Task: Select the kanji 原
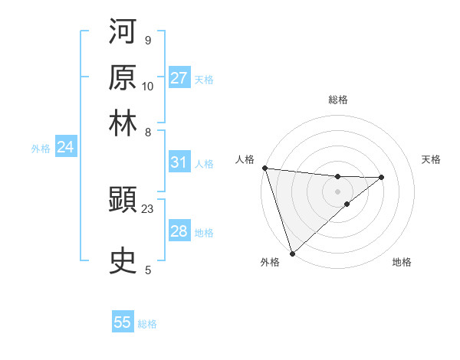tap(123, 77)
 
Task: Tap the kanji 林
tap(123, 123)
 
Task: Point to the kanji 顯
tap(123, 201)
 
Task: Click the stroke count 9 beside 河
tap(147, 41)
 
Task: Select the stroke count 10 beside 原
tap(148, 87)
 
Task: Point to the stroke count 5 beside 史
tap(147, 270)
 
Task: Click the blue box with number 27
tap(179, 78)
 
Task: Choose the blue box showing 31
tap(179, 162)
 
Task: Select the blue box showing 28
tap(179, 231)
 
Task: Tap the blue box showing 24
tap(65, 147)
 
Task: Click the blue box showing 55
tap(123, 322)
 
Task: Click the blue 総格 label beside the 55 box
tap(147, 324)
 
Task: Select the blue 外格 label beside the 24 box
tap(41, 149)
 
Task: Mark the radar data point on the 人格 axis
tap(264, 168)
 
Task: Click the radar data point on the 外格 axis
tap(292, 252)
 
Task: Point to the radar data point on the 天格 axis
tap(381, 177)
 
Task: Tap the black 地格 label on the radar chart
tap(402, 263)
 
